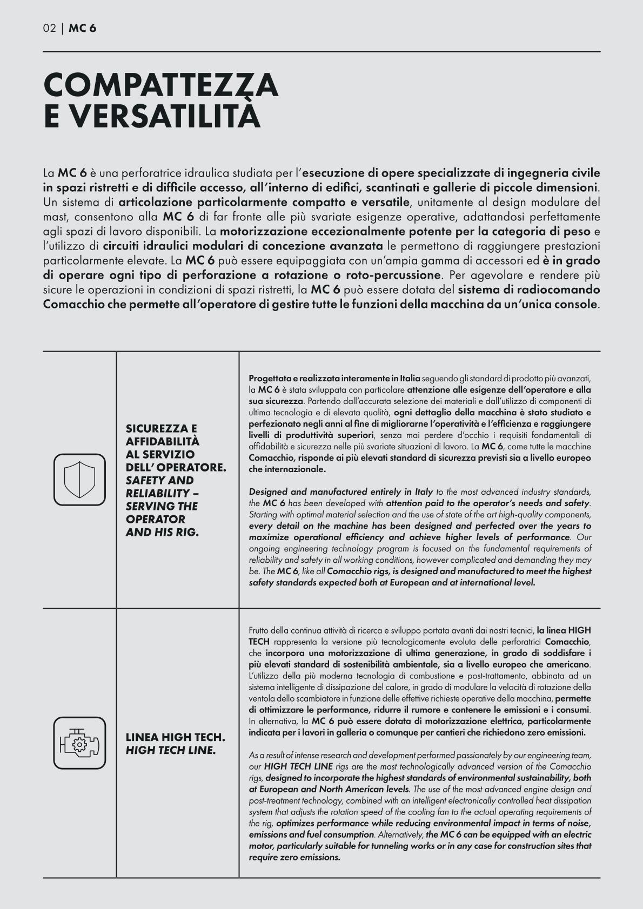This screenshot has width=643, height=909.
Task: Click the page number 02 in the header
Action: (49, 29)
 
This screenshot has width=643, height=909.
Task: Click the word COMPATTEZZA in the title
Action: (160, 85)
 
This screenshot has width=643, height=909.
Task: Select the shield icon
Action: (80, 479)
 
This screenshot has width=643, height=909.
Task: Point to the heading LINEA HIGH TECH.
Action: (175, 737)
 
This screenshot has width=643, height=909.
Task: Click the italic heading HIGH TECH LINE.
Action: (171, 750)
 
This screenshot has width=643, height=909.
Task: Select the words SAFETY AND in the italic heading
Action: (159, 480)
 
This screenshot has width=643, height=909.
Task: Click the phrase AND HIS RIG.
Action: (162, 532)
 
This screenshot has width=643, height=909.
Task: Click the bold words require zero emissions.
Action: (294, 857)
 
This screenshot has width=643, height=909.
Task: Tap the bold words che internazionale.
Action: (287, 469)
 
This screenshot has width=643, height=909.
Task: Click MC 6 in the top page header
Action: (83, 29)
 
